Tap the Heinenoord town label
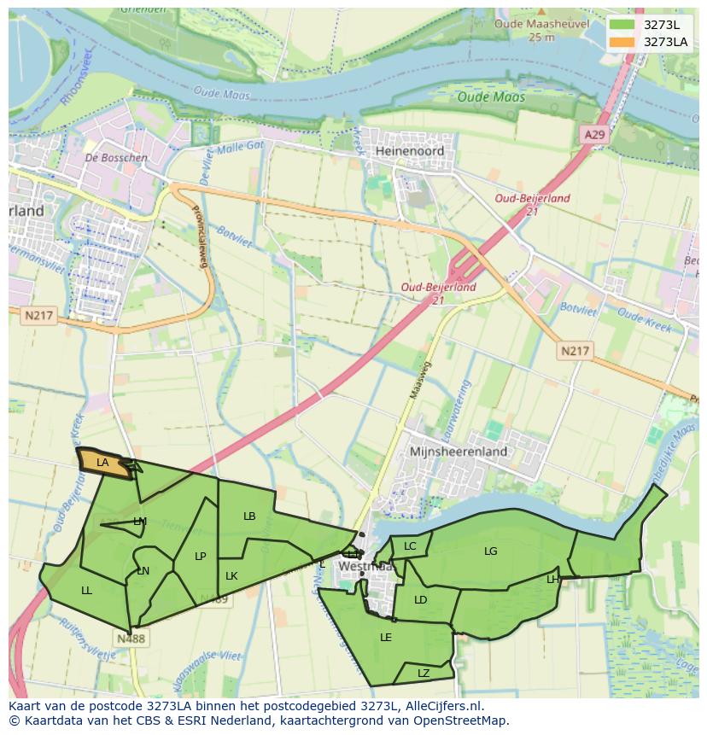[409, 150]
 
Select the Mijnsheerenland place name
[459, 451]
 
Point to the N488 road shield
[131, 638]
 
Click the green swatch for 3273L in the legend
[622, 25]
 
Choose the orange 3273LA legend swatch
[622, 42]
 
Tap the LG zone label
[490, 551]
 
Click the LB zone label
[249, 516]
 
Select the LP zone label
[200, 557]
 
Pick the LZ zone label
[424, 674]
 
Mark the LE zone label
[385, 638]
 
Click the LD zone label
[420, 600]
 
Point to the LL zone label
[86, 591]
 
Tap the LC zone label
[410, 546]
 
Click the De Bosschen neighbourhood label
[116, 158]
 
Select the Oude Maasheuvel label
[541, 25]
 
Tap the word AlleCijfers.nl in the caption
[442, 706]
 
